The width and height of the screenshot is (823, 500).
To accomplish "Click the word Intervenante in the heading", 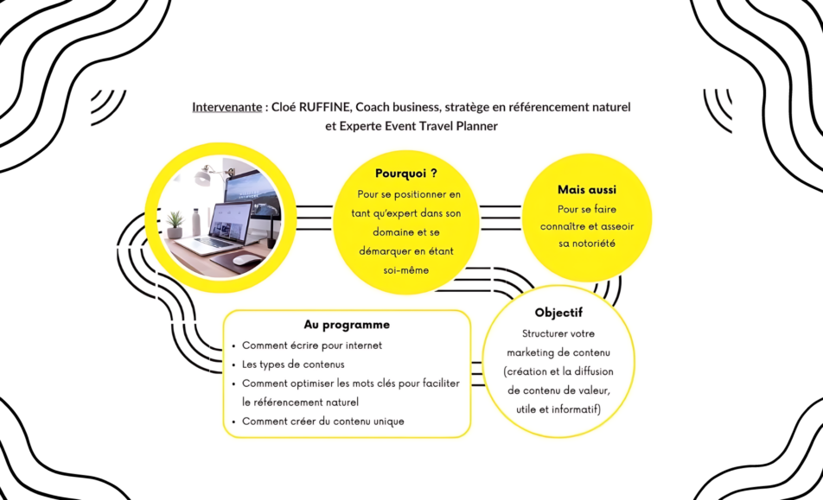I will coord(226,107).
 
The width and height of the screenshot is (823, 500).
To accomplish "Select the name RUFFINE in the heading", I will coord(329,107).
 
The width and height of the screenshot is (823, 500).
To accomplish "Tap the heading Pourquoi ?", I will coord(405,173).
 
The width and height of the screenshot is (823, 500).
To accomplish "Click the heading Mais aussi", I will coord(587,189).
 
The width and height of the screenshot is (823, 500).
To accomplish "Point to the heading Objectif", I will coord(558,313).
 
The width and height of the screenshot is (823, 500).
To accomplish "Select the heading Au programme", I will coord(347,325).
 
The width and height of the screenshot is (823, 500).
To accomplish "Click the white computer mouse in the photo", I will coord(245,260).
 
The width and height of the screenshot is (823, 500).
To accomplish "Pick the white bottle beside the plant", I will coord(195,221).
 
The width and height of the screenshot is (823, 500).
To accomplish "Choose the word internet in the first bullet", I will coord(360,345).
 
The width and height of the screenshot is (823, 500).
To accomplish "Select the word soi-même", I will coord(405,270).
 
